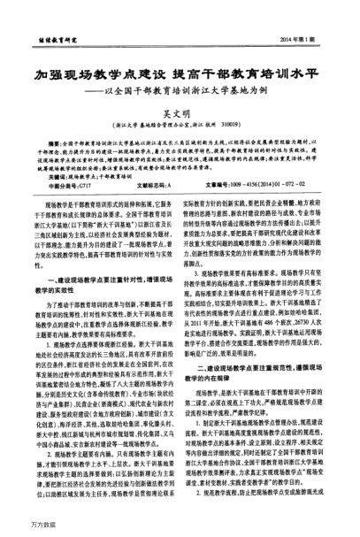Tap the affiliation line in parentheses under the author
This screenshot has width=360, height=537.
182,126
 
